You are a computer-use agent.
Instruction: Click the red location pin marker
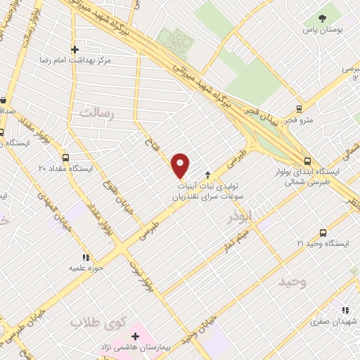pyautogui.click(x=181, y=165)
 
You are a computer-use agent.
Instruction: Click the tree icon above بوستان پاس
pyautogui.click(x=322, y=19)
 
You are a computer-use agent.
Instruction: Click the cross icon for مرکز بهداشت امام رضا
pyautogui.click(x=75, y=50)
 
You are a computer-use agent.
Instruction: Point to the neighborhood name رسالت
pyautogui.click(x=97, y=112)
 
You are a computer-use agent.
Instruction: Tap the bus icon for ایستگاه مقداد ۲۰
pyautogui.click(x=66, y=158)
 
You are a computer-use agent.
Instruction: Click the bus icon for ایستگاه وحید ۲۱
pyautogui.click(x=323, y=232)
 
